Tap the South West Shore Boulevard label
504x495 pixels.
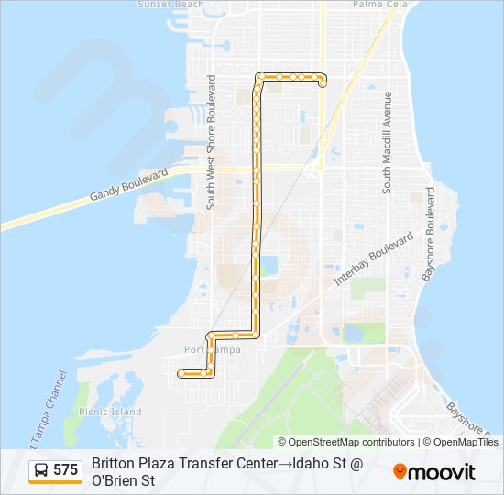(x=211, y=155)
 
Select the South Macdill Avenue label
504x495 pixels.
(x=388, y=142)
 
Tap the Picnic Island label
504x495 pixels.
(x=110, y=412)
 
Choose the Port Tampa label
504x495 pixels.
(x=213, y=350)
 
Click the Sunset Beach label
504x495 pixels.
(x=170, y=5)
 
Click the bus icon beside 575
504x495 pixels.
(x=41, y=471)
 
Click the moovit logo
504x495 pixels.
(x=434, y=472)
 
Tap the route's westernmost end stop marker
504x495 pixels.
(x=181, y=373)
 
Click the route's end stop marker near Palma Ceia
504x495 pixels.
(x=323, y=85)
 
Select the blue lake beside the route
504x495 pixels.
(x=268, y=266)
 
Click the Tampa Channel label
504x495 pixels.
(x=54, y=394)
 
